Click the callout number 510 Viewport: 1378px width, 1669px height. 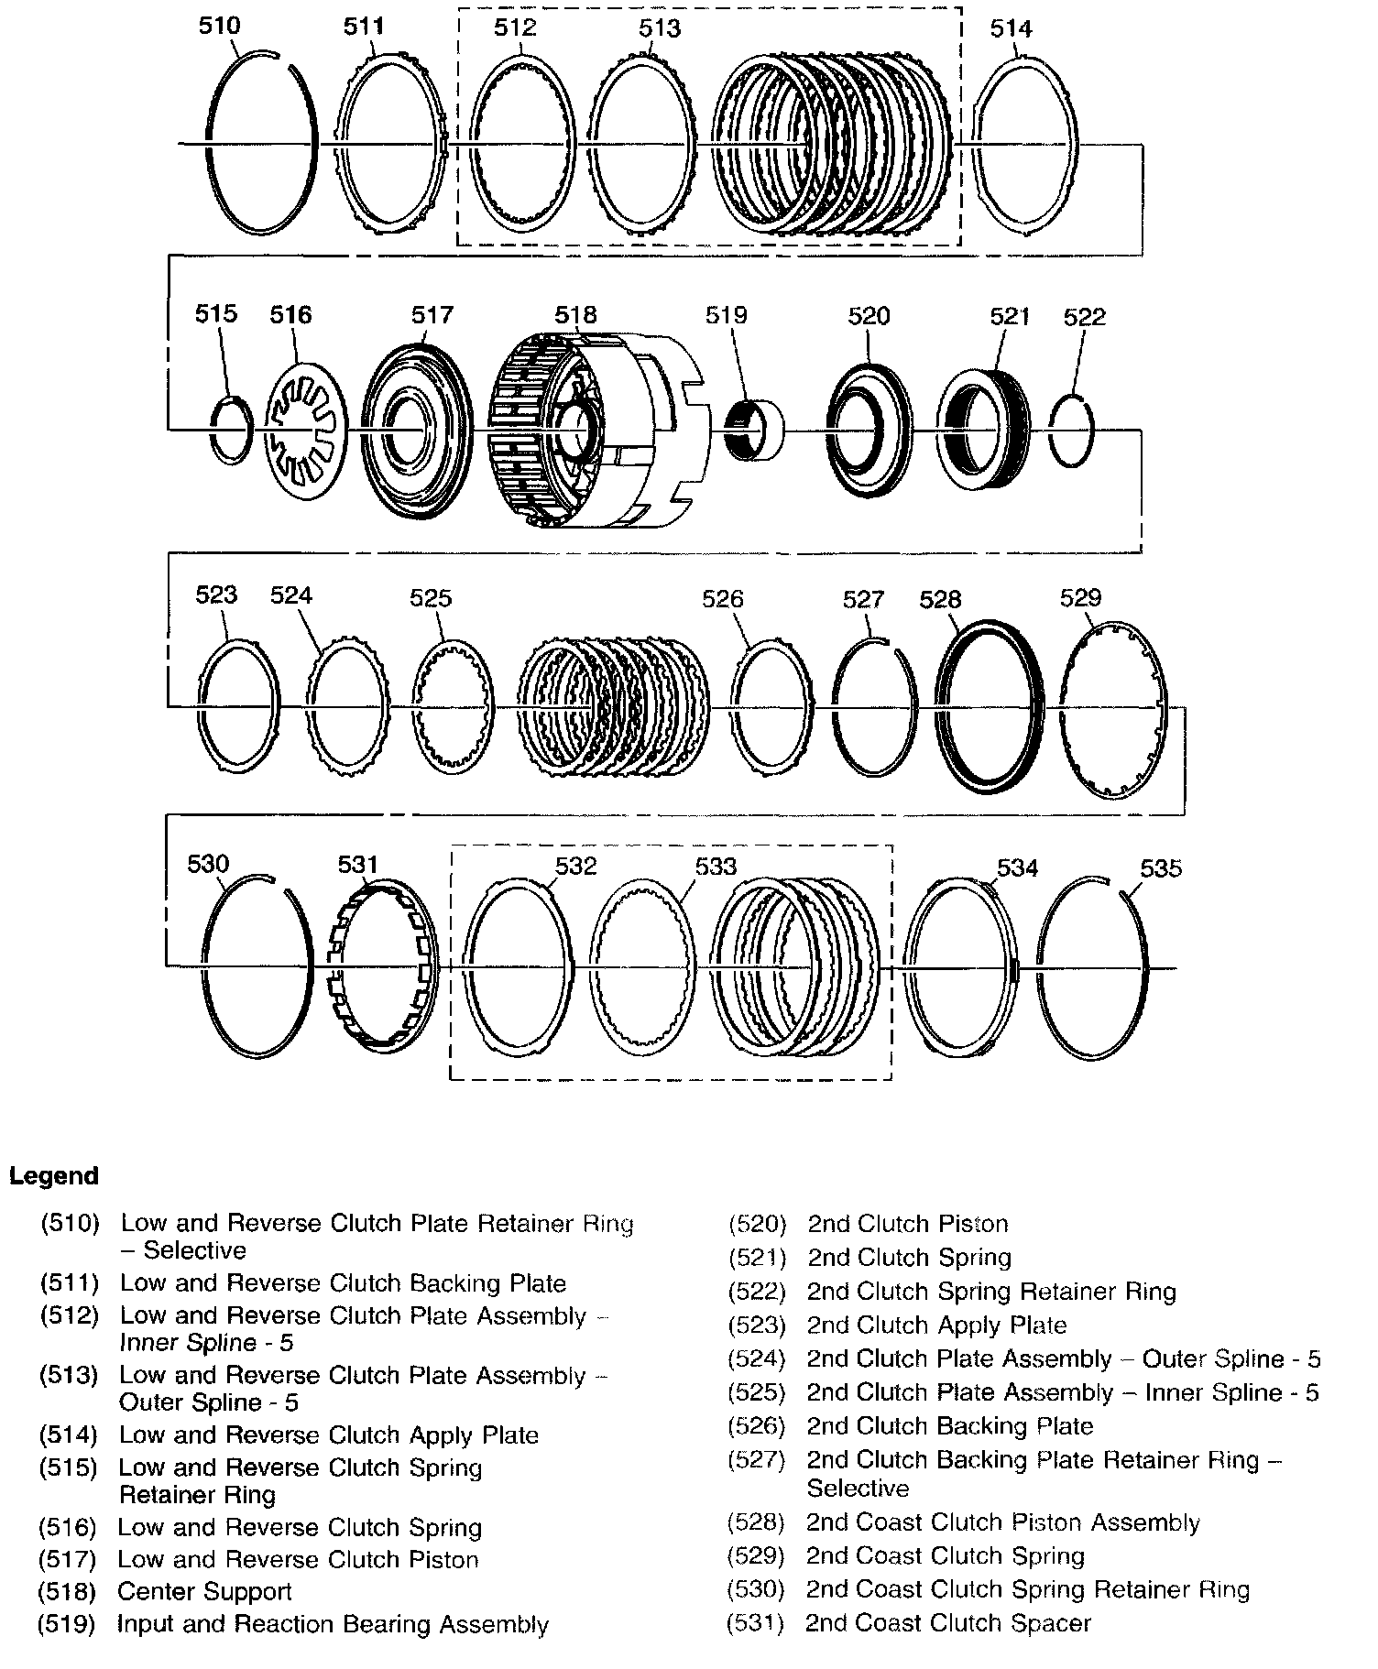pos(219,26)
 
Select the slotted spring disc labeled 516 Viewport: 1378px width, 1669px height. pos(306,431)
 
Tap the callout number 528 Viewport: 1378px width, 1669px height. pos(940,599)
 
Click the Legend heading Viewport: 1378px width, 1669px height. pos(53,1176)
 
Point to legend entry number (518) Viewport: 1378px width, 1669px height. pos(67,1591)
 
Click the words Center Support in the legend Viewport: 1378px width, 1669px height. pos(204,1591)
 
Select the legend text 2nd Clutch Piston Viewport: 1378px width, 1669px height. pos(907,1224)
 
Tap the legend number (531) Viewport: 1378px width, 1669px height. pos(755,1623)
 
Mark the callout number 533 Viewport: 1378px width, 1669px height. pos(716,866)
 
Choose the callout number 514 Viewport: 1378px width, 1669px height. pos(1011,28)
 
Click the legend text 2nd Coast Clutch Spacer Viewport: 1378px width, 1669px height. pos(948,1623)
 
